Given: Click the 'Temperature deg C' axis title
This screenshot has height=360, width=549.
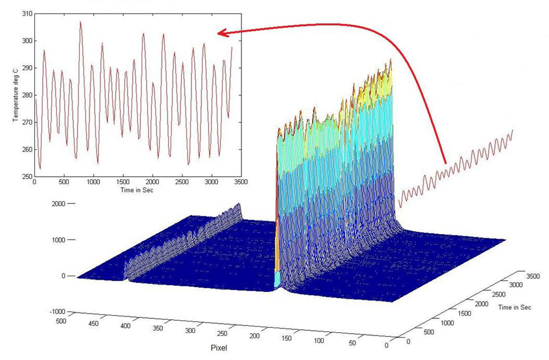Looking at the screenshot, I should [x=16, y=95].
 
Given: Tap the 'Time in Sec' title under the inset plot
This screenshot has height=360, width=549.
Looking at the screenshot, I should [x=137, y=190].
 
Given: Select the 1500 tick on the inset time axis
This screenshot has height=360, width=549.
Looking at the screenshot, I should [x=123, y=181].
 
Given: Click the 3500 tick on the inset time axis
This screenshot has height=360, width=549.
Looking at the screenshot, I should [x=241, y=181].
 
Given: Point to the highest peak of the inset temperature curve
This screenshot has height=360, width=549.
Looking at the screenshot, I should [x=81, y=22].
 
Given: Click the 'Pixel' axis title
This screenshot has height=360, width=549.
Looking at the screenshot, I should [x=220, y=348].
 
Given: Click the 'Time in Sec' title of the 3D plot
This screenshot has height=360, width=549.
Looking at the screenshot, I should [x=515, y=307].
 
